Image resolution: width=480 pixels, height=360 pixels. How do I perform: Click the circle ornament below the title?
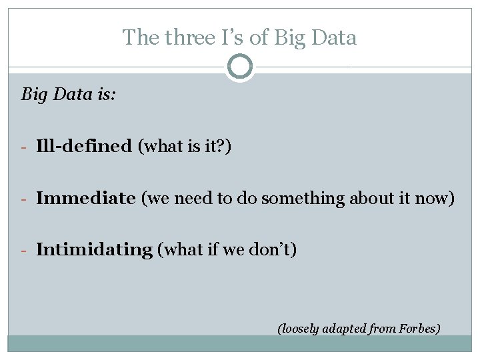(x=239, y=67)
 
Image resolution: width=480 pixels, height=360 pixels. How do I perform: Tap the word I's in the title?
(x=233, y=37)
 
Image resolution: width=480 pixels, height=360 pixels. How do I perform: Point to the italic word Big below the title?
(x=34, y=95)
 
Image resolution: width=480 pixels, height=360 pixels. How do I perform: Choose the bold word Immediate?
(x=86, y=198)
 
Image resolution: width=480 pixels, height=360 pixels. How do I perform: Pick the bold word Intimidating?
(x=94, y=250)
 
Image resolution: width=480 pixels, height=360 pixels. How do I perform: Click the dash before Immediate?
(x=24, y=199)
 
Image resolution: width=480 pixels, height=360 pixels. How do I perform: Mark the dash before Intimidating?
(x=24, y=251)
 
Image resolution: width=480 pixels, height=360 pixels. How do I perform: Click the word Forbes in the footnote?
(x=419, y=328)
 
